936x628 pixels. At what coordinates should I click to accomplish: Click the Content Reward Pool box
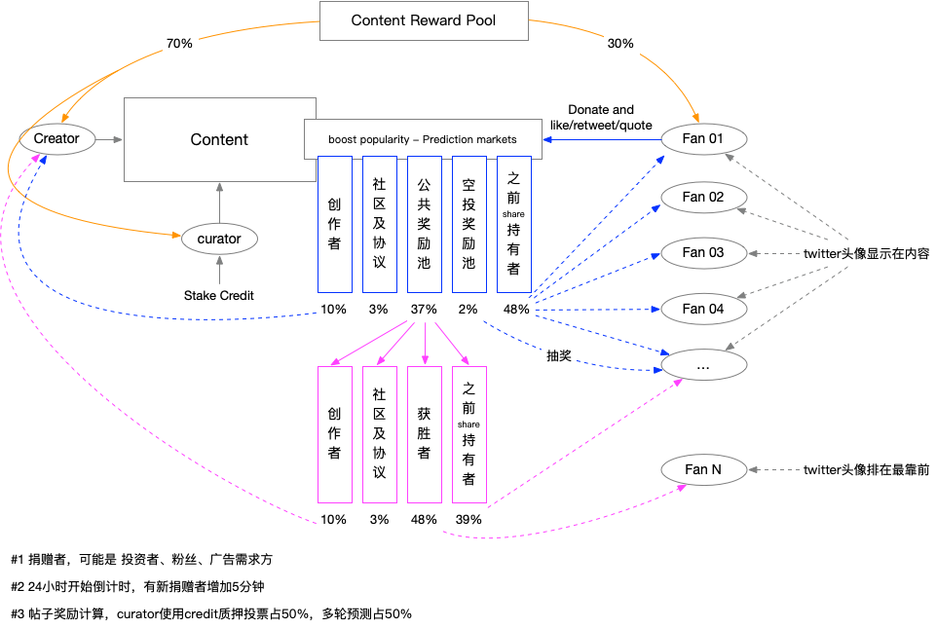click(424, 20)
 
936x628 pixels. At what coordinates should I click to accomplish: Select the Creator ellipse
click(56, 139)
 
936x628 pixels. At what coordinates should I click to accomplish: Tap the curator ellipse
click(219, 239)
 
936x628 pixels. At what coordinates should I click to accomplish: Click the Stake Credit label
click(219, 295)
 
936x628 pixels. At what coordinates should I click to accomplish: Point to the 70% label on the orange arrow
click(179, 43)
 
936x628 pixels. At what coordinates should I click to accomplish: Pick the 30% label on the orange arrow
click(620, 43)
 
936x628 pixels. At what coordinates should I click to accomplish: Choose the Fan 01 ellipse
click(703, 140)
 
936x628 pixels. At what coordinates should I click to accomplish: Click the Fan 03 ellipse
click(703, 253)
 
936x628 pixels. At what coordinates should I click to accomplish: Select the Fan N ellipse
click(703, 470)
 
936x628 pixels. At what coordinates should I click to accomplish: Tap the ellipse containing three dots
click(703, 365)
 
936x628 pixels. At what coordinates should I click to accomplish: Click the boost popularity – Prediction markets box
click(423, 139)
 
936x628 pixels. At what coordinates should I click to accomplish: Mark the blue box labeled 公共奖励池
click(425, 224)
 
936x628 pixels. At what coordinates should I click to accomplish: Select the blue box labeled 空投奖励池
click(468, 224)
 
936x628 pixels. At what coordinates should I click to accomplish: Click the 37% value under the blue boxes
click(424, 310)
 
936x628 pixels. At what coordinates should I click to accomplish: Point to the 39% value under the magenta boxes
click(468, 519)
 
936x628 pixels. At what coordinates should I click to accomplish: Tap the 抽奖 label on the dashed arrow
click(559, 356)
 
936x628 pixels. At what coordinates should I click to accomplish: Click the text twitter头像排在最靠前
click(866, 470)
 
